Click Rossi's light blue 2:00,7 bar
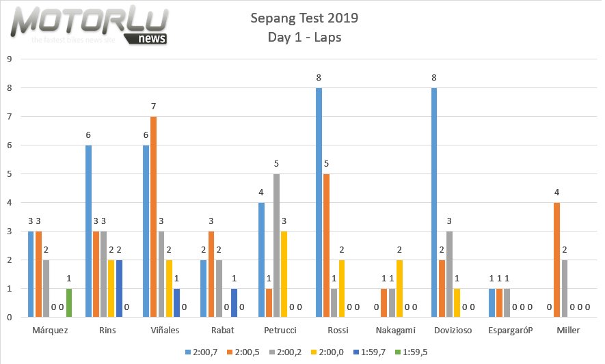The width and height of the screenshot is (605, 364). click(x=319, y=202)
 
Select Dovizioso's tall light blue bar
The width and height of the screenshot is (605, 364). click(x=433, y=202)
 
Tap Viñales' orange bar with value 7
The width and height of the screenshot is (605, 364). click(x=154, y=216)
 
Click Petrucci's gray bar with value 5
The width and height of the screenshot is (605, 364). click(x=275, y=245)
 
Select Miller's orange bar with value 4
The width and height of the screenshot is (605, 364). click(x=557, y=260)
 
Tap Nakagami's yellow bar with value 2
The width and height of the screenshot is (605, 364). click(x=399, y=288)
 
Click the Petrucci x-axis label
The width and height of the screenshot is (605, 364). click(x=280, y=331)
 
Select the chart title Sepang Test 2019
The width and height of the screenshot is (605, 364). click(x=304, y=18)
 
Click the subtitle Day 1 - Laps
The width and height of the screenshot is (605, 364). click(x=304, y=38)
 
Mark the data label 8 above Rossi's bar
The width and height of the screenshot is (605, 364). click(x=319, y=78)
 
